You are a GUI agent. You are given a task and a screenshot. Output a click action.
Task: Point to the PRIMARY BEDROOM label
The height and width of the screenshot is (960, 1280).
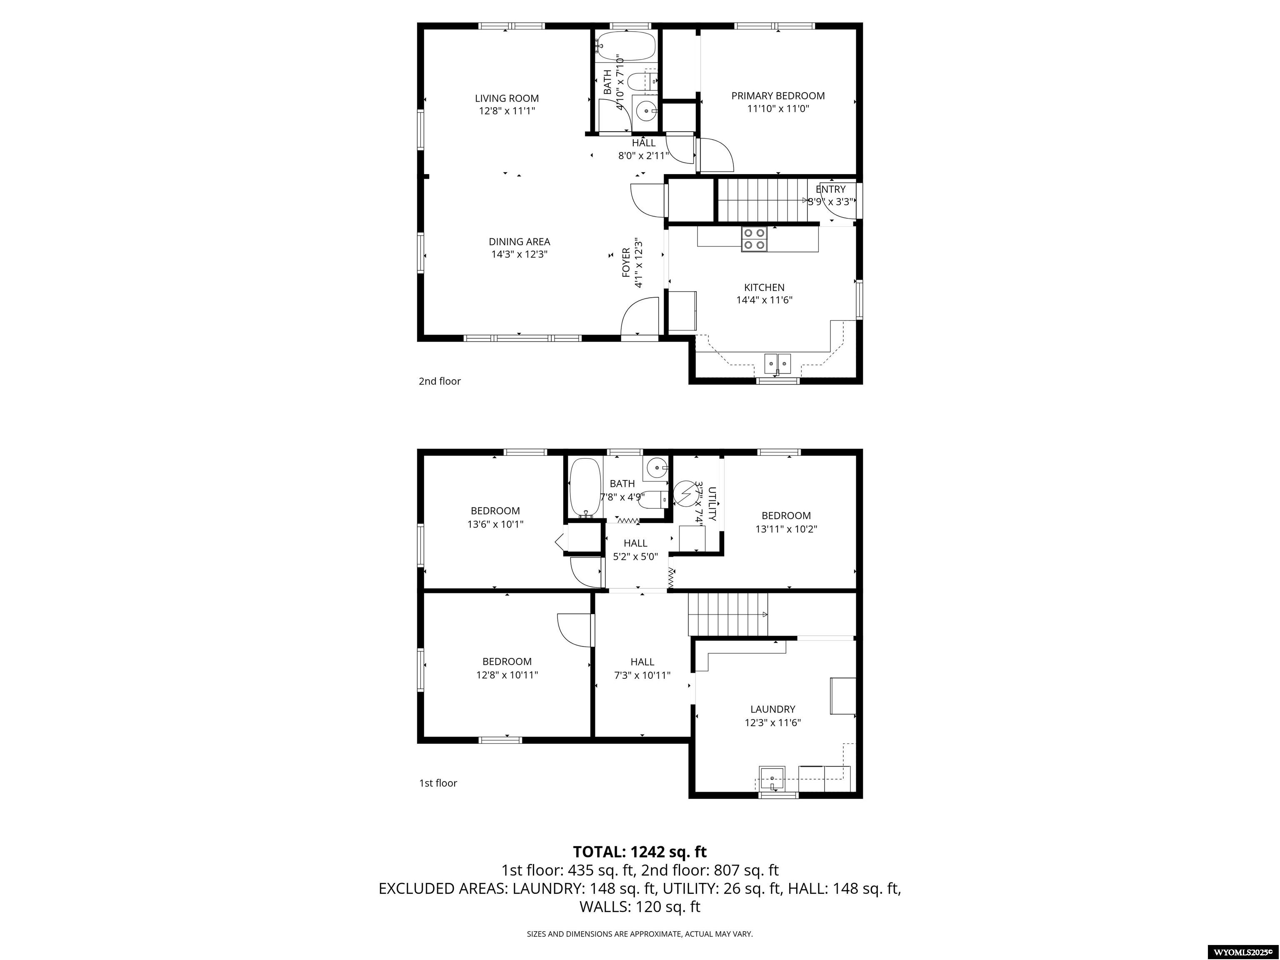[778, 96]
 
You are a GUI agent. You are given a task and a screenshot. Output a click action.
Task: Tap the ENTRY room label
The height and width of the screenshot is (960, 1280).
[830, 189]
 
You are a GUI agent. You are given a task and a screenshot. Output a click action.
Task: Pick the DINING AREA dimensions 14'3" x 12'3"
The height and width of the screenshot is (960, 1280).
[519, 254]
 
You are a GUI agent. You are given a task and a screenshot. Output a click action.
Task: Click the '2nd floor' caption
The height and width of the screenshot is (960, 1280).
[440, 381]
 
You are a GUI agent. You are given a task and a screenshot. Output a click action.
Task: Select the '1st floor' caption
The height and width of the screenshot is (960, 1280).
[438, 783]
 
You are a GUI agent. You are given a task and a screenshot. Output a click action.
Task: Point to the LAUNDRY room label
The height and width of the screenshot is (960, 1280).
[772, 709]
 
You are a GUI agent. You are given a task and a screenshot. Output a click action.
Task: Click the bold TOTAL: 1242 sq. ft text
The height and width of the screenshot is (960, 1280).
[640, 852]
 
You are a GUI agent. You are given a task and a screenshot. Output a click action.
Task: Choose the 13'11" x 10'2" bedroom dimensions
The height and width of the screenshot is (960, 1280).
[786, 529]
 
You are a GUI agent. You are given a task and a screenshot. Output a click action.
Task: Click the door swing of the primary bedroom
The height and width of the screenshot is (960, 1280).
[716, 155]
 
